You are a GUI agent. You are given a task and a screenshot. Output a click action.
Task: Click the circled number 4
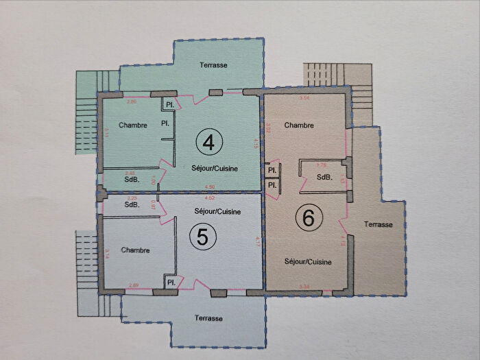209,142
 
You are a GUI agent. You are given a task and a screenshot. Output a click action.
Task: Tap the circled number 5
203,237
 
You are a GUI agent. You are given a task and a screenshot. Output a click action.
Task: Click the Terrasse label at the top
213,65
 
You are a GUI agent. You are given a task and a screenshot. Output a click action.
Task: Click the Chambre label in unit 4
133,125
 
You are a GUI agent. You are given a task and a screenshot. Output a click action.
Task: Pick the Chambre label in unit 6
299,125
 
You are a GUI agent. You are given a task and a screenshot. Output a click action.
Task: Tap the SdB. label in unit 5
132,204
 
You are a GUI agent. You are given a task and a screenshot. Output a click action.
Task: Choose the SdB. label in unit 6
325,178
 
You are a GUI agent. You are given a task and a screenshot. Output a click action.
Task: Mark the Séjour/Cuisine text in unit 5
217,211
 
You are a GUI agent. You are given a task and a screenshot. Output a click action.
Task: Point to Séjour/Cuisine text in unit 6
309,262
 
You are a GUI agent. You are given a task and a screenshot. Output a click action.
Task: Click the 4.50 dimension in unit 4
211,188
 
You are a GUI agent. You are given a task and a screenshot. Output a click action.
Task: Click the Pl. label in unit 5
169,282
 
